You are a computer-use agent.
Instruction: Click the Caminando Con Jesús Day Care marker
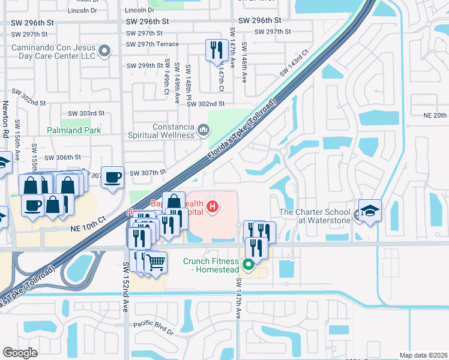[105, 51]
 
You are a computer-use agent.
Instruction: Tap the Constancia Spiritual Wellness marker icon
[203, 130]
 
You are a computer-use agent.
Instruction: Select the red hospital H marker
[211, 208]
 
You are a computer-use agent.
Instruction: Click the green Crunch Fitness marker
[248, 263]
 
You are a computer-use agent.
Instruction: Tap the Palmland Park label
[74, 130]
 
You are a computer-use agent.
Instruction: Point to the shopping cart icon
[155, 261]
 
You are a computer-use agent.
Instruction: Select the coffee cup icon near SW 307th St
[112, 177]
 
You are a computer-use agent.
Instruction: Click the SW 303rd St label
[86, 113]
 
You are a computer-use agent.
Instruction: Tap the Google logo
[20, 353]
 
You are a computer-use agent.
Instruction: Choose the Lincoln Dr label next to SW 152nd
[139, 10]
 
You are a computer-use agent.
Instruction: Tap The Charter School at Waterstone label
[317, 216]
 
